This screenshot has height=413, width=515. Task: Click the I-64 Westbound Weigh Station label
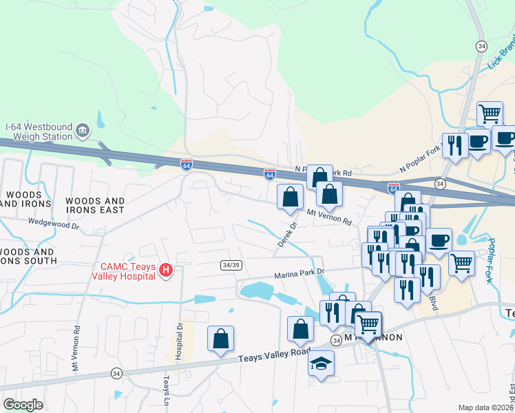click(x=38, y=131)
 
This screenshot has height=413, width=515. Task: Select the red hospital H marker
click(x=166, y=271)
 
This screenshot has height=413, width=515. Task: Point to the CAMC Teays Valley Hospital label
click(x=123, y=271)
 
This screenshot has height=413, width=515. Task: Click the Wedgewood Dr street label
click(x=54, y=223)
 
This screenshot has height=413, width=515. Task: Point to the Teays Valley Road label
click(x=274, y=355)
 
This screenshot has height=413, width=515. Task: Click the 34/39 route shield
click(x=231, y=265)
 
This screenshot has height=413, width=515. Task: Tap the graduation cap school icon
click(x=321, y=363)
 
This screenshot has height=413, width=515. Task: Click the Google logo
click(x=23, y=405)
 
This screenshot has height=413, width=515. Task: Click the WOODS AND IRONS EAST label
click(x=95, y=204)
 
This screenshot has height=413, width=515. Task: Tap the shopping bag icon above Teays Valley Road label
click(x=220, y=339)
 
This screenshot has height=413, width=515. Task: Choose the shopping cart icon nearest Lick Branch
click(x=490, y=114)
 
